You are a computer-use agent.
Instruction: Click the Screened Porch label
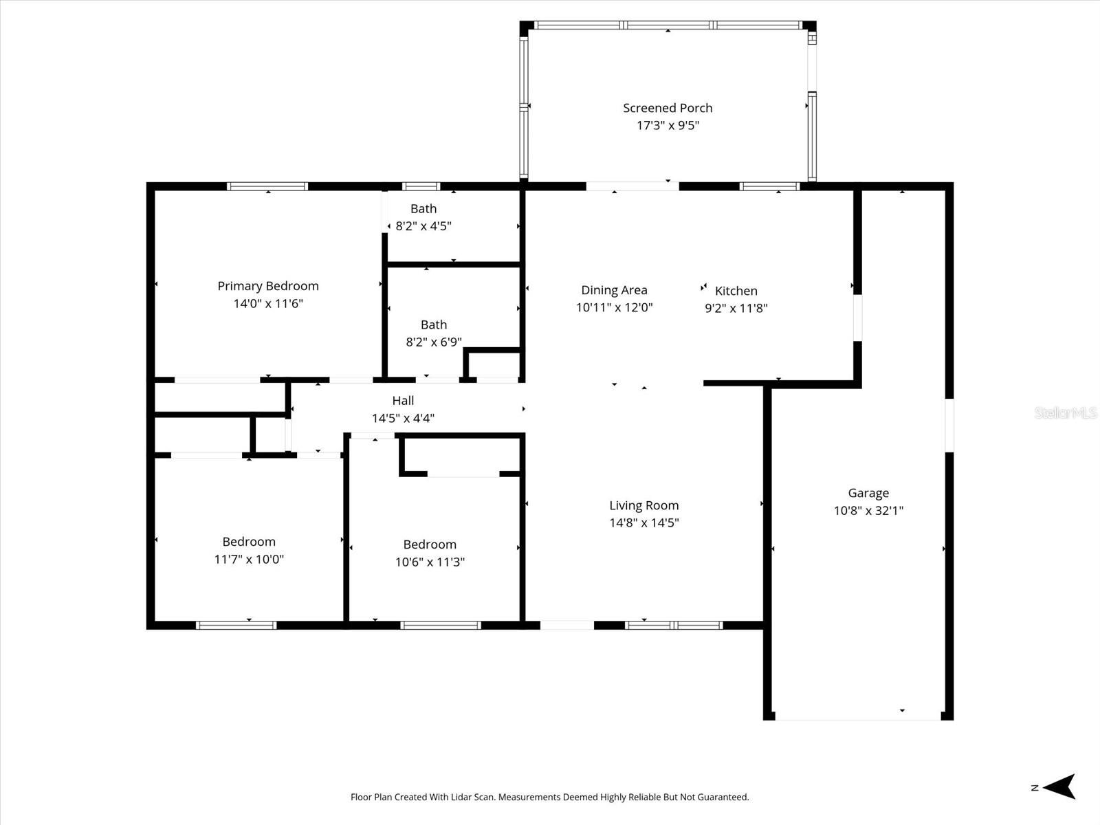pyautogui.click(x=668, y=108)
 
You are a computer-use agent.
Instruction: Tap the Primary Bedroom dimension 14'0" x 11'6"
pyautogui.click(x=268, y=303)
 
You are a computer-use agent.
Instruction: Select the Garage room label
pyautogui.click(x=868, y=493)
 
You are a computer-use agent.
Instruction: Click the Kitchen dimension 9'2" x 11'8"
pyautogui.click(x=736, y=308)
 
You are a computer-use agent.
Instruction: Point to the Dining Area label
pyautogui.click(x=614, y=290)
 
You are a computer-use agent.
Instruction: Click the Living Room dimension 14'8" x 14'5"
pyautogui.click(x=643, y=522)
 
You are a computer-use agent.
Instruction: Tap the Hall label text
pyautogui.click(x=403, y=400)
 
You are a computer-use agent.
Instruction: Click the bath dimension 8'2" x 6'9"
pyautogui.click(x=434, y=342)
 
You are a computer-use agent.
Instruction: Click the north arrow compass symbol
pyautogui.click(x=1059, y=786)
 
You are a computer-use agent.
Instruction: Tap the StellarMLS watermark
pyautogui.click(x=1065, y=412)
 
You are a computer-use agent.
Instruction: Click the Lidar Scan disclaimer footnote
pyautogui.click(x=549, y=797)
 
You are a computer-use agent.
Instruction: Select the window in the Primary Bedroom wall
pyautogui.click(x=267, y=186)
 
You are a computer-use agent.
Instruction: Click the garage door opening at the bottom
pyautogui.click(x=857, y=718)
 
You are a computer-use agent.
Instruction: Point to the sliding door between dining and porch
pyautogui.click(x=632, y=186)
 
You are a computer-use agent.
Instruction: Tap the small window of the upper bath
pyautogui.click(x=421, y=186)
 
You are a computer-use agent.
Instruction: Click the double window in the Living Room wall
pyautogui.click(x=674, y=625)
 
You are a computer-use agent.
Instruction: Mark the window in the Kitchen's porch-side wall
pyautogui.click(x=769, y=186)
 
